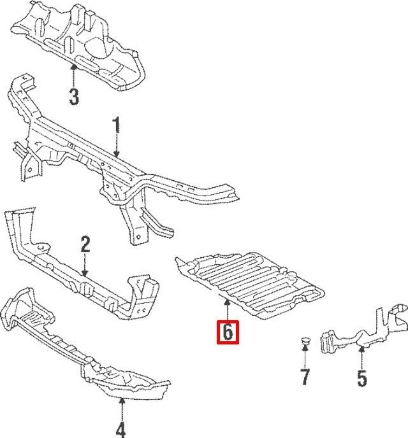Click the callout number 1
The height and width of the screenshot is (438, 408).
pyautogui.click(x=116, y=125)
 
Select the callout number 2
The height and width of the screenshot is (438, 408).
pyautogui.click(x=85, y=244)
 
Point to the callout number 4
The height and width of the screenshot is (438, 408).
pyautogui.click(x=120, y=430)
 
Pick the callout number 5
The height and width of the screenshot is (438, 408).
pyautogui.click(x=361, y=378)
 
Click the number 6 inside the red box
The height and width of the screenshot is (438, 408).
pyautogui.click(x=228, y=332)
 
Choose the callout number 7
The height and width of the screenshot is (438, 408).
pyautogui.click(x=305, y=377)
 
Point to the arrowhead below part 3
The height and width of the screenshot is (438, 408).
pyautogui.click(x=74, y=67)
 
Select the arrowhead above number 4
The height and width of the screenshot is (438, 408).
pyautogui.click(x=122, y=402)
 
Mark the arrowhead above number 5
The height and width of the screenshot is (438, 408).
pyautogui.click(x=361, y=349)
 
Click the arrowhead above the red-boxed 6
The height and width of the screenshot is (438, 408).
pyautogui.click(x=228, y=302)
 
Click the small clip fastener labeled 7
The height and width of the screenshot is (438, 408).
pyautogui.click(x=305, y=341)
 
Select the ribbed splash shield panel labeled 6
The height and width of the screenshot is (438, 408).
pyautogui.click(x=249, y=285)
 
